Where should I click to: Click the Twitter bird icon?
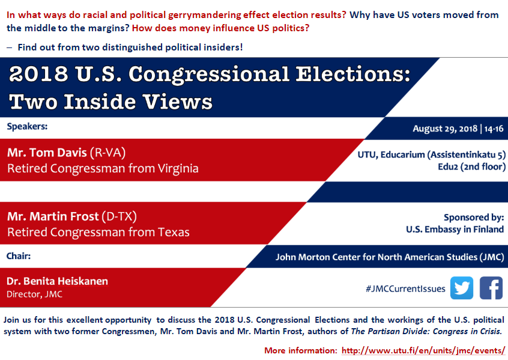[462, 288]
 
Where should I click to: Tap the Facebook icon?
[491, 288]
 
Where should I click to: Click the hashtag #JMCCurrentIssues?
[405, 288]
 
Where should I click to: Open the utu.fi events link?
[423, 350]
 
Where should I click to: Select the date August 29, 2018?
[445, 129]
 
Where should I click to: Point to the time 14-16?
[494, 129]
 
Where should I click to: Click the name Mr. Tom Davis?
[47, 153]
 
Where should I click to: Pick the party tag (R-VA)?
[107, 153]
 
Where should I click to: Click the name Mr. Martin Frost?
[53, 216]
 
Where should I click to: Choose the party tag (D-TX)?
[119, 216]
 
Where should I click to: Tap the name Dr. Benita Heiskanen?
[57, 281]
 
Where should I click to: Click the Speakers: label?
[27, 126]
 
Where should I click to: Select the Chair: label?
[19, 256]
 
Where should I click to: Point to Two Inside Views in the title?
[110, 102]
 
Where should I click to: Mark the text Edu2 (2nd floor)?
[472, 166]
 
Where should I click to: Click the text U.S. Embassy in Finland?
[455, 230]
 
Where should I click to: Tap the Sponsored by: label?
[474, 218]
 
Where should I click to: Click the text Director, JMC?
[34, 294]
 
